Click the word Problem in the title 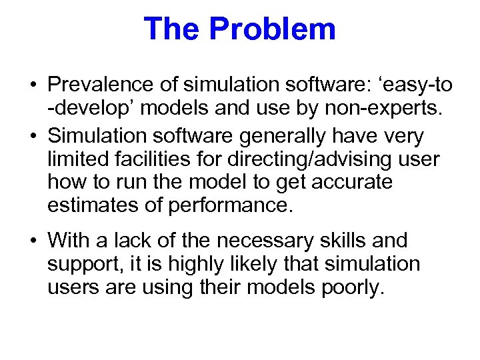click(x=272, y=29)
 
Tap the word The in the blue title click(x=172, y=29)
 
